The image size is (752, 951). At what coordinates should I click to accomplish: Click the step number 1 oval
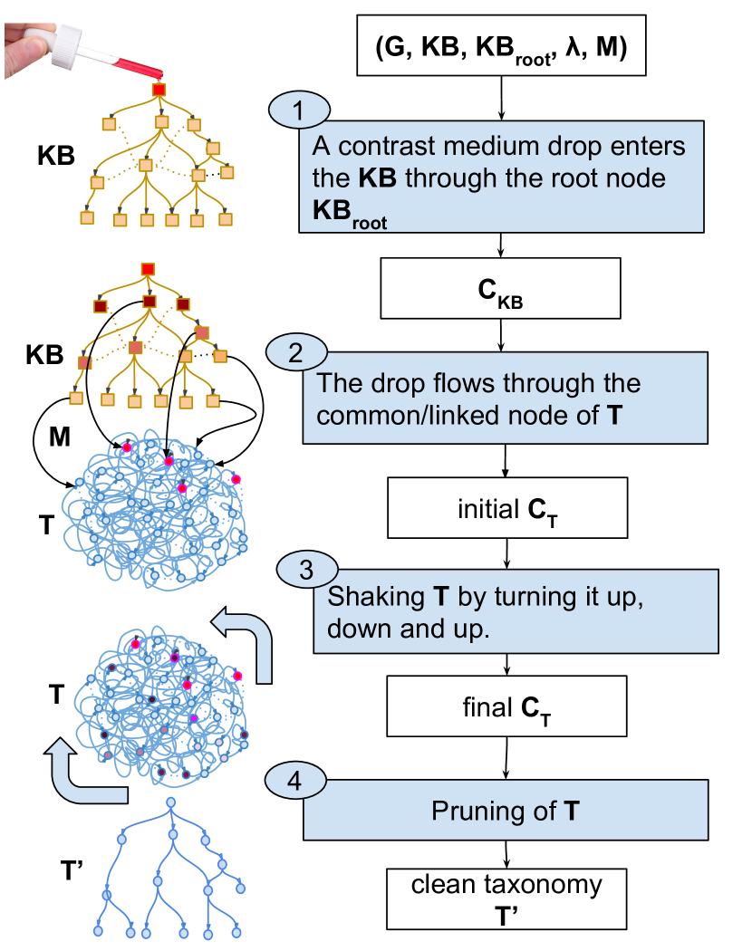[299, 111]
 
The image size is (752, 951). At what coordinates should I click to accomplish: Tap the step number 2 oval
[294, 353]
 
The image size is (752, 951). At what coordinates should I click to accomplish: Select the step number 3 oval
[306, 571]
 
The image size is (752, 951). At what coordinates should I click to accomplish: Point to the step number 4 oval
[294, 781]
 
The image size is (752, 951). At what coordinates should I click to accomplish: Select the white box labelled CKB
[500, 289]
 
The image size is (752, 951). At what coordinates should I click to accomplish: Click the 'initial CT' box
[506, 509]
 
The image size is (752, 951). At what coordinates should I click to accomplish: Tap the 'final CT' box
[506, 706]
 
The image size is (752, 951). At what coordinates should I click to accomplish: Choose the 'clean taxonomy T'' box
[506, 900]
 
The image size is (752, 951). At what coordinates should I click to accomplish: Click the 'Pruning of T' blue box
[505, 811]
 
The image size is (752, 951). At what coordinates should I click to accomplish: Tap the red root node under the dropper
[159, 91]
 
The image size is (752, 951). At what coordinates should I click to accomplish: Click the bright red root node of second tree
[149, 269]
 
